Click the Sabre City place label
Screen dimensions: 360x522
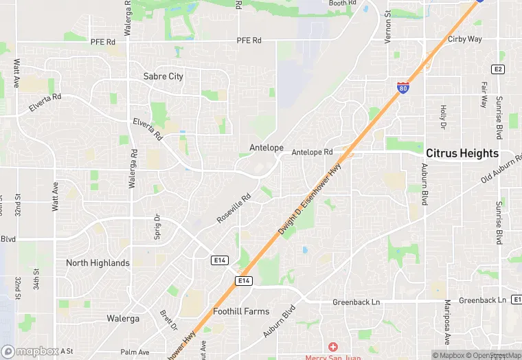tap(163, 76)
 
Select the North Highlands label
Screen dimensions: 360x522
tap(98, 262)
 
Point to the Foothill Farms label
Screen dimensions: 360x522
tap(241, 311)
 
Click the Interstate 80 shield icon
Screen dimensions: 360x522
tap(404, 87)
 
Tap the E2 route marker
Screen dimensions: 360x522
tap(498, 69)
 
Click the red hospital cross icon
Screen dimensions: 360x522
tap(333, 347)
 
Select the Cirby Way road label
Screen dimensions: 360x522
tap(465, 39)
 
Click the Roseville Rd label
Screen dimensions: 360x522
tap(234, 207)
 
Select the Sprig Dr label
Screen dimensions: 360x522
tap(157, 227)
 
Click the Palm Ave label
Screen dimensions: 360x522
tap(135, 352)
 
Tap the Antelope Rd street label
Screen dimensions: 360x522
tap(312, 152)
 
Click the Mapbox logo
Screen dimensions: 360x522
tap(30, 351)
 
